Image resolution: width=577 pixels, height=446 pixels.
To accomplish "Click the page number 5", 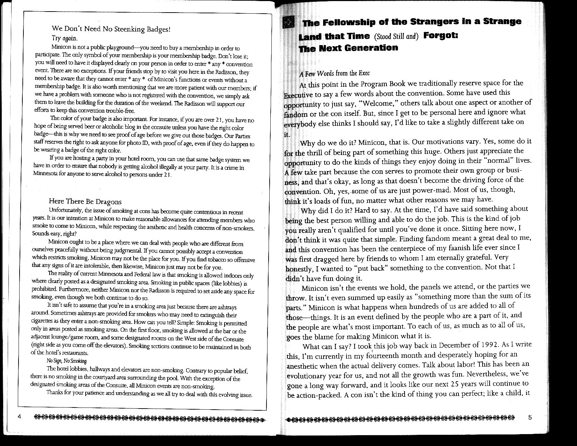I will click(530, 417).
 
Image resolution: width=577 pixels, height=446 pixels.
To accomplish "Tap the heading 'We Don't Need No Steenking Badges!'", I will click(111, 29).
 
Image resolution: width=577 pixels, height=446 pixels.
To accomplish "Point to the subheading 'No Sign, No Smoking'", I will click(66, 361).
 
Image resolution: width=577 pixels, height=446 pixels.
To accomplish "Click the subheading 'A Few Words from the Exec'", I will click(334, 73).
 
